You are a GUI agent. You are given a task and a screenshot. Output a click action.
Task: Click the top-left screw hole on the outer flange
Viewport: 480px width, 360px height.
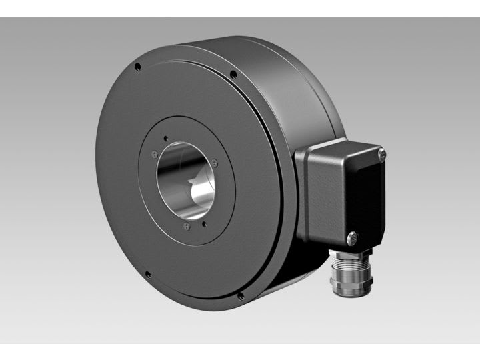(137, 67)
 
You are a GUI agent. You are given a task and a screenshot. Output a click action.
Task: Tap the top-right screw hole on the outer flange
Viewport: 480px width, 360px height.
(233, 74)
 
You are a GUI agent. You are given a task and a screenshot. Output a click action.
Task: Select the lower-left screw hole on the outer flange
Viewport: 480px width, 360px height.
(147, 273)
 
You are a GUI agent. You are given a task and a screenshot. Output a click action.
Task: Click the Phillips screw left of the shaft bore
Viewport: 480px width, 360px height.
(155, 154)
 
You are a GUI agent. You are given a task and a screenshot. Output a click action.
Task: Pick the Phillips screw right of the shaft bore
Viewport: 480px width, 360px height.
(214, 162)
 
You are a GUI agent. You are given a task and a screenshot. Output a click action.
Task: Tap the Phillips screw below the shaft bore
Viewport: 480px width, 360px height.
(187, 227)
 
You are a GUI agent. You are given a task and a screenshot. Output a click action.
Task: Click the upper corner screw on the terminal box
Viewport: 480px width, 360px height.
(381, 155)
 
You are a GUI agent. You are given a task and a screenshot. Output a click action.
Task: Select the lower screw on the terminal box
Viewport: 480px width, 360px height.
(353, 235)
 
